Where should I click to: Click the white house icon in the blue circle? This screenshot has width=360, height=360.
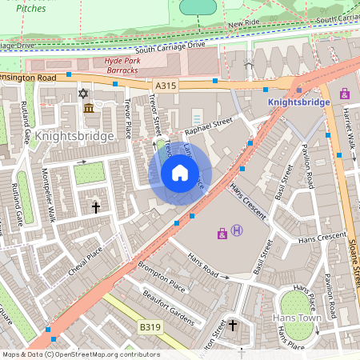[180, 173]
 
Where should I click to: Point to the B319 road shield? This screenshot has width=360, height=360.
[148, 326]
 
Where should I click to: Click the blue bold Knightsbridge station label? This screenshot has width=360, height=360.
[298, 103]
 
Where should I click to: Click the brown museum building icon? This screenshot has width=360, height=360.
[88, 108]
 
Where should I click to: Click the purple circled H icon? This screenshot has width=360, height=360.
[236, 231]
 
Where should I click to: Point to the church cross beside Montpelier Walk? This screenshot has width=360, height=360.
[96, 207]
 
